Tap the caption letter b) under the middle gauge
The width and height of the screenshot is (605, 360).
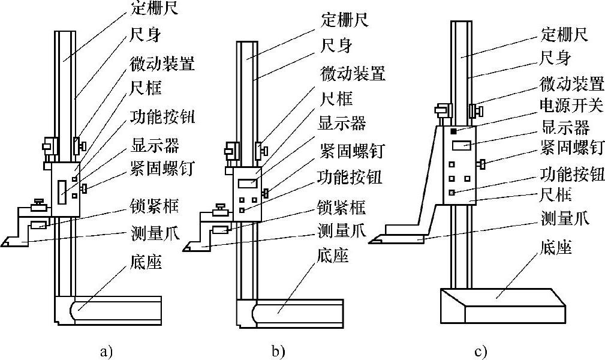278,351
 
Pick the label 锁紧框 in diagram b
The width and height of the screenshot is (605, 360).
341,208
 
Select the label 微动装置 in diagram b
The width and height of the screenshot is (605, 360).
353,74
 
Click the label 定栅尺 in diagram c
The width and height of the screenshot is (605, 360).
564,34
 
